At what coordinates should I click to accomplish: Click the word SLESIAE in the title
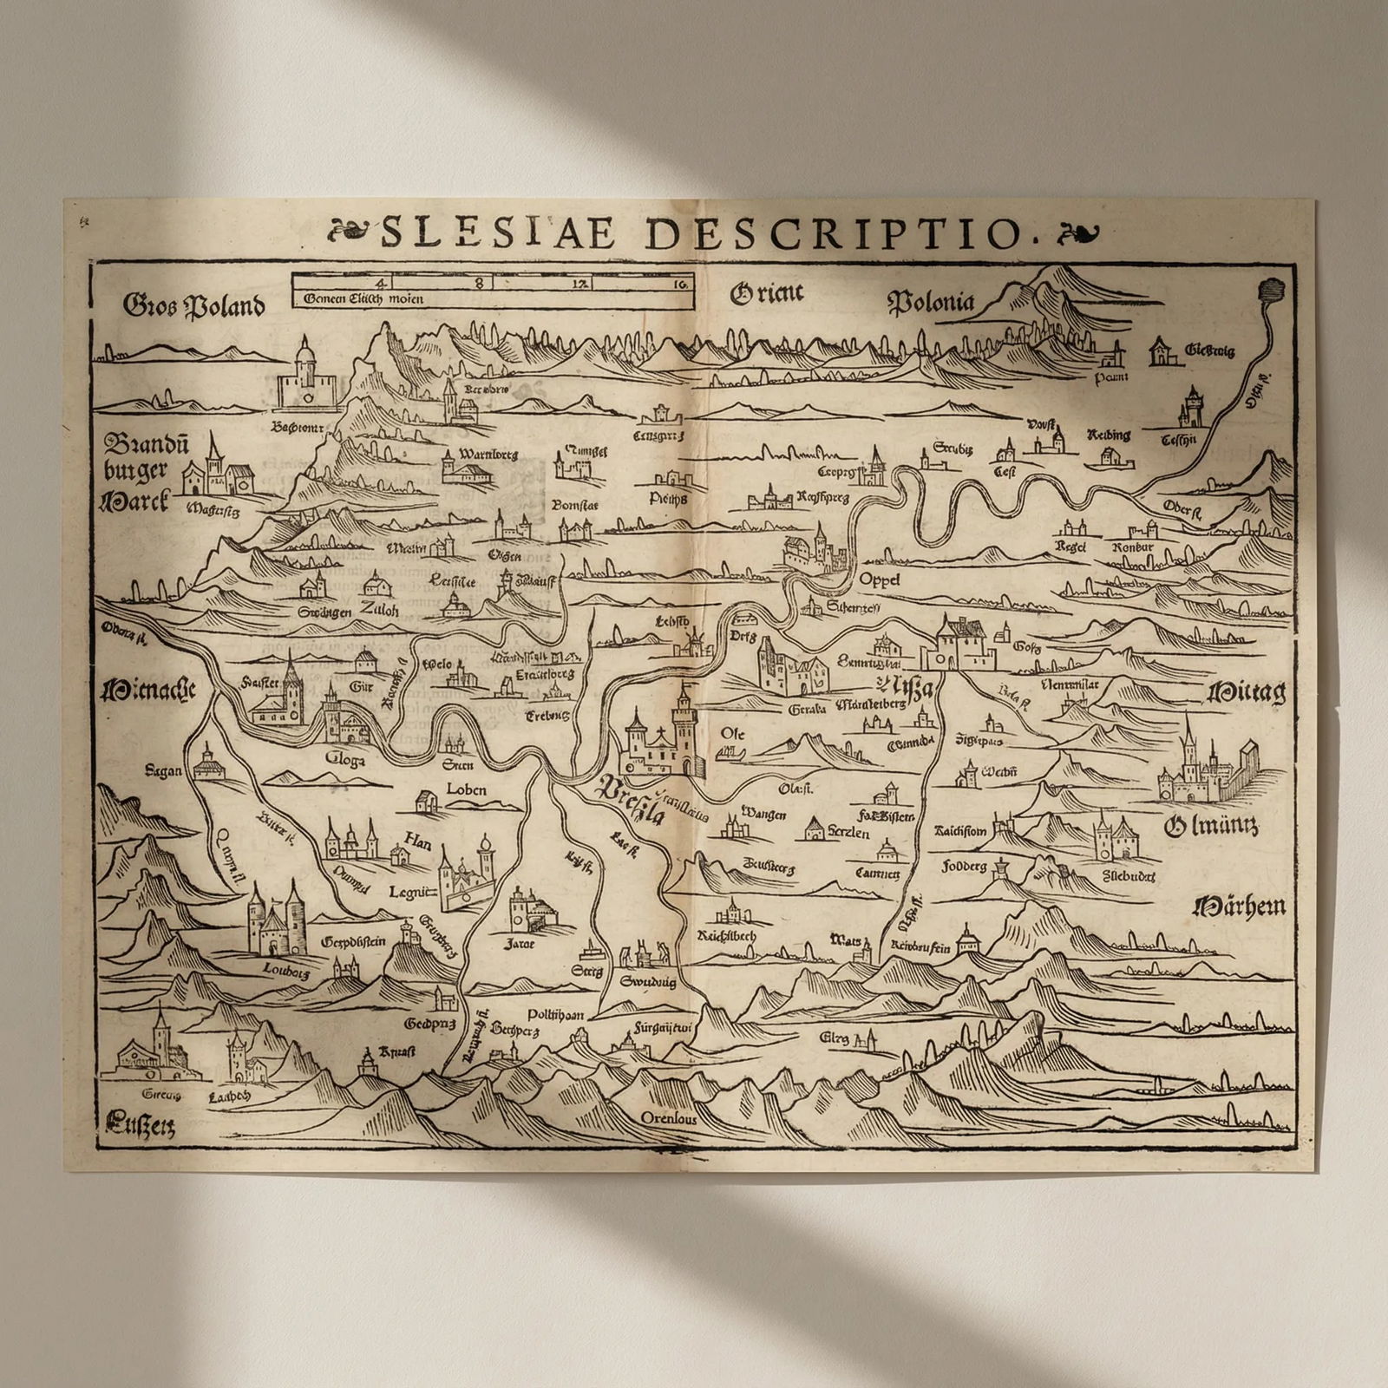(x=498, y=233)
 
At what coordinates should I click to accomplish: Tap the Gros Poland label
(x=193, y=305)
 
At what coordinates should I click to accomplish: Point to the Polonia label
(x=930, y=302)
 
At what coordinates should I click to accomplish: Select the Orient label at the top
(x=766, y=295)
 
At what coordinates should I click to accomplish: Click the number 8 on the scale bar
(x=478, y=283)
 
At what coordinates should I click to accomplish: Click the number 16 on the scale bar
(x=680, y=283)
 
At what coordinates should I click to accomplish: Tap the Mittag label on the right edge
(x=1247, y=692)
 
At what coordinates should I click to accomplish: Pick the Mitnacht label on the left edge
(x=148, y=691)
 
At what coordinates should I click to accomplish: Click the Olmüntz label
(x=1210, y=826)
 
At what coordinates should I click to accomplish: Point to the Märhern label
(x=1239, y=907)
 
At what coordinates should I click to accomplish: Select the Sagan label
(x=164, y=770)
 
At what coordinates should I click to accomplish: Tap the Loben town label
(x=466, y=789)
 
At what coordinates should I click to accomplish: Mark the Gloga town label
(x=344, y=759)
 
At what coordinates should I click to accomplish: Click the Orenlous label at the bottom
(x=668, y=1118)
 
